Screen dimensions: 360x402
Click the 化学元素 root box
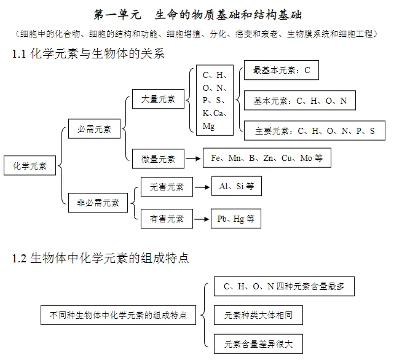pos(30,165)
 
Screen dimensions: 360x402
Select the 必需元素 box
pos(94,129)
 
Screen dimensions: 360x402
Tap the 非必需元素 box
pos(98,202)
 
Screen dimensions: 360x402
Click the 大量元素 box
pos(158,98)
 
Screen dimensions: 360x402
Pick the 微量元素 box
pos(158,158)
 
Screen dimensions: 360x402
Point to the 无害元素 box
pos(167,187)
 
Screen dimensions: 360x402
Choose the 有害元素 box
pos(167,218)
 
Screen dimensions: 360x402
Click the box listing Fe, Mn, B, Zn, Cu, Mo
pos(267,158)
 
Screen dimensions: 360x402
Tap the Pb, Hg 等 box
pos(235,218)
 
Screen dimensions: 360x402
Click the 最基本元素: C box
pos(282,70)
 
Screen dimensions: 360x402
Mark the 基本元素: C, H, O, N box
pos(300,101)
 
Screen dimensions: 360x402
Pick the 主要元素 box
pos(314,131)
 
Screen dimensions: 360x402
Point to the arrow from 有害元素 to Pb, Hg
pos(202,218)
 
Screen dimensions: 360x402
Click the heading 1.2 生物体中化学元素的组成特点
pos(101,258)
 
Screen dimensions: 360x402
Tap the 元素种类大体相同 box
pos(258,316)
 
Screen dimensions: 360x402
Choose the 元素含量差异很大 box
pos(258,344)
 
